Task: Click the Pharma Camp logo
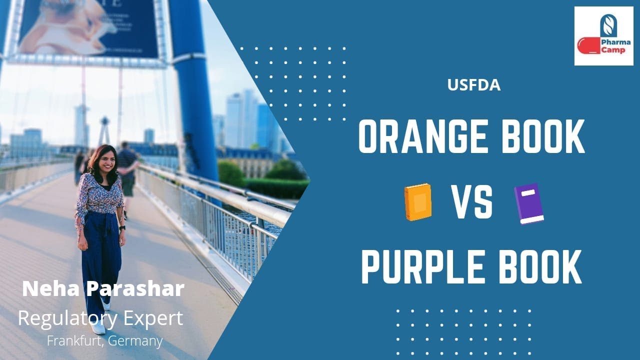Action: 603,36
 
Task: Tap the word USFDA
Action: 474,85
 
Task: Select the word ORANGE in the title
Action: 421,137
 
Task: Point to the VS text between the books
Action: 472,202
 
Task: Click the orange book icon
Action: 418,202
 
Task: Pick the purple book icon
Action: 529,203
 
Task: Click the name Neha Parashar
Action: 103,289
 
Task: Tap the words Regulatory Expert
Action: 100,318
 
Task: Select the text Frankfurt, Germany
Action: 104,341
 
